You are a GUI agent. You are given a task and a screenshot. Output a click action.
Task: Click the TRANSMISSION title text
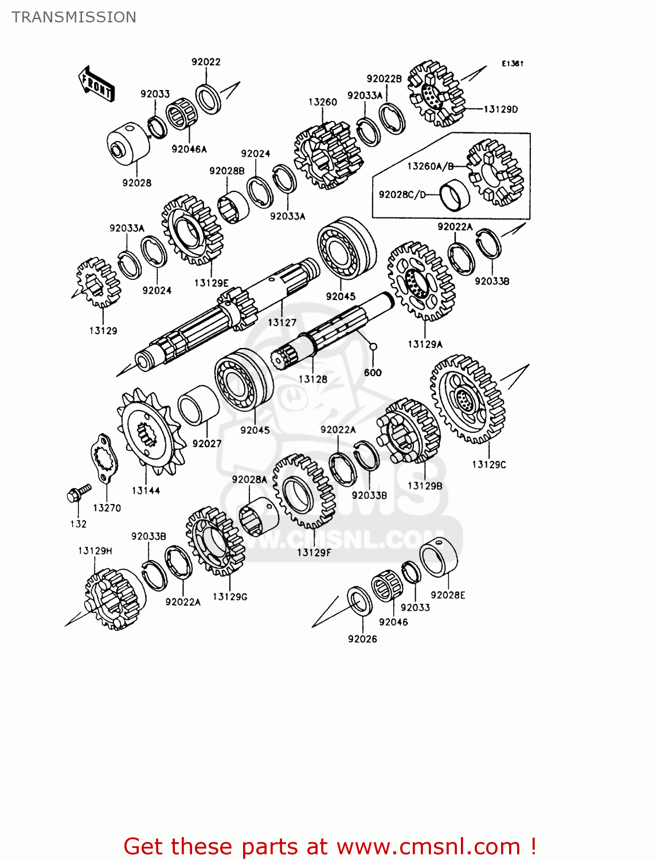coord(74,17)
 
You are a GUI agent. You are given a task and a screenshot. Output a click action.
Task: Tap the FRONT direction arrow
coord(96,84)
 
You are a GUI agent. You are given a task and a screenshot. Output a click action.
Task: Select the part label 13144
coord(146,490)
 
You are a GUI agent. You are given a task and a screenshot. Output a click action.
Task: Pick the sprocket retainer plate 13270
coord(104,459)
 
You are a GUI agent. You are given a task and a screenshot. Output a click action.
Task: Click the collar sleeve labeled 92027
coord(198,405)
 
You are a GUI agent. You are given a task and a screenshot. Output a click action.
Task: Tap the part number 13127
coord(282,322)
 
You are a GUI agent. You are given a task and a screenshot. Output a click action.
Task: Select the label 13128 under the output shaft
coord(312,379)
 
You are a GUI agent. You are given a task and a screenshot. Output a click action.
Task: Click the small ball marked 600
coord(373,346)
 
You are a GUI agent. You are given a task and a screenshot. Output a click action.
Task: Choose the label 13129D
coord(500,109)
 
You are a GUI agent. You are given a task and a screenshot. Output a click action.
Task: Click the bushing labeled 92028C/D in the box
coord(455,196)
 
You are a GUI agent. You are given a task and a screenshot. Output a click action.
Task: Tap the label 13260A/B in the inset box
coord(430,166)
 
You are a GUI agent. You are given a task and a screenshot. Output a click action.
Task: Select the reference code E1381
coord(513,64)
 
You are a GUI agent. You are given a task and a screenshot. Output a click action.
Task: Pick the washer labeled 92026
coord(359,601)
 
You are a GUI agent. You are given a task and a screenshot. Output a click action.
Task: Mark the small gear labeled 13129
coord(99,283)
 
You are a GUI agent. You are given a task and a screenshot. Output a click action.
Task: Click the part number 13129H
coord(95,550)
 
